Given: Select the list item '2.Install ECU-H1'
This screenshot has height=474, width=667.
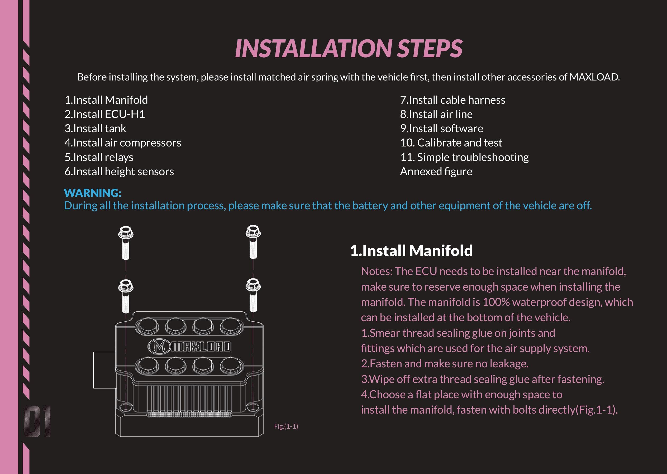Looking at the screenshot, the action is (x=105, y=114).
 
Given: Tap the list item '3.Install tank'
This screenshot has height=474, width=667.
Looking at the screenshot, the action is (x=96, y=129).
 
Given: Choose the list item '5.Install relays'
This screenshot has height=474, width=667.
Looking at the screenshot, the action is (x=99, y=157).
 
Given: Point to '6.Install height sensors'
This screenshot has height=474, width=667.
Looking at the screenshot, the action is (x=119, y=172).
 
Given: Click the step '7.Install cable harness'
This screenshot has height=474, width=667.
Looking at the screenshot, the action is (x=452, y=100).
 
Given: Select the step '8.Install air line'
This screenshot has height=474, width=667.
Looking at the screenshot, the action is (x=436, y=114).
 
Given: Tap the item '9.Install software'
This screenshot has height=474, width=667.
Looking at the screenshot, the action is (x=441, y=129).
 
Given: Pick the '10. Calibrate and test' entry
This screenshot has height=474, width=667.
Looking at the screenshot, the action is (x=451, y=143).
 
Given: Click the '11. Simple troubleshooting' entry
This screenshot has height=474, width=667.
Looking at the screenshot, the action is (x=464, y=157).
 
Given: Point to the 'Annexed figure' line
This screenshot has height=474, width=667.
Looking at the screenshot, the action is (x=436, y=172).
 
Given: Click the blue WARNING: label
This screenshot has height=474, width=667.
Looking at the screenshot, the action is (x=93, y=193).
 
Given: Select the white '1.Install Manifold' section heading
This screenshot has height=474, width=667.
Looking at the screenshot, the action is (x=411, y=250).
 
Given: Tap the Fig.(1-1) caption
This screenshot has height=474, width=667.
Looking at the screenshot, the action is (x=286, y=426).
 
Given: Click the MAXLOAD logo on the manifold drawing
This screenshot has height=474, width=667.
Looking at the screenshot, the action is (x=190, y=347).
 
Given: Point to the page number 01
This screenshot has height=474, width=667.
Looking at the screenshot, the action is (x=37, y=421).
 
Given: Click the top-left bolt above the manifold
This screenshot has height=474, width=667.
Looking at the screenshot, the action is (x=126, y=243).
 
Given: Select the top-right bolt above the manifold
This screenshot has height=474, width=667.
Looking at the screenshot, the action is (x=253, y=242).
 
